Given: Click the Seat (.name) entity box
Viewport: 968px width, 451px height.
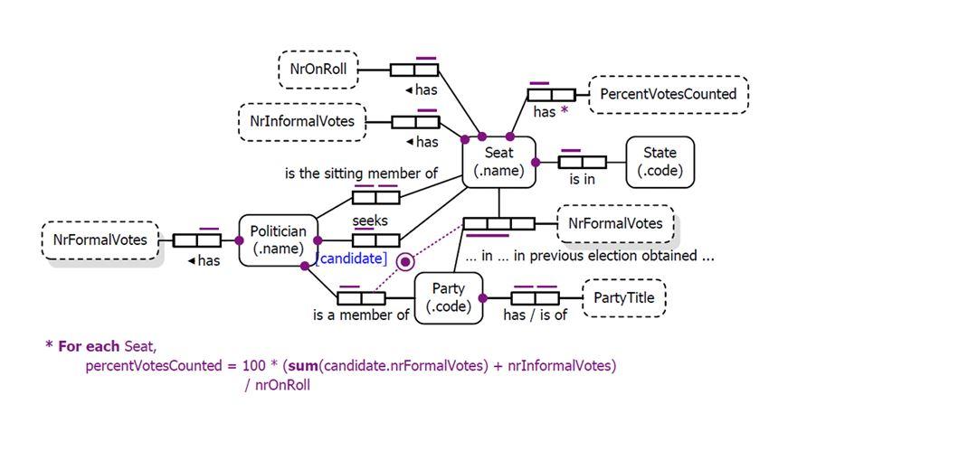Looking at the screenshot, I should tap(498, 162).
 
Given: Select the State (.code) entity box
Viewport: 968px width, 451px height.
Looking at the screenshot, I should tap(660, 162).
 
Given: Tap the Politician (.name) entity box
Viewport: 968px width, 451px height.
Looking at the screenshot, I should tap(278, 240).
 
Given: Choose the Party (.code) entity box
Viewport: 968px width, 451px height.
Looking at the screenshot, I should tap(448, 297).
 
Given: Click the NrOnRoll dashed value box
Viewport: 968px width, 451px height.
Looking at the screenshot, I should tap(318, 70).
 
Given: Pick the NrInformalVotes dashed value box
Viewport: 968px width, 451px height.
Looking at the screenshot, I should tap(302, 122).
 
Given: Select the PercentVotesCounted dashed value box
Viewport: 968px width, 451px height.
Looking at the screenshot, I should tap(668, 94).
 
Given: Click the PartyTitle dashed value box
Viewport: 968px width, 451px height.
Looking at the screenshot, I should tap(624, 297).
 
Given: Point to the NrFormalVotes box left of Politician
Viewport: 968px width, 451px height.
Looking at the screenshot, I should tap(100, 240).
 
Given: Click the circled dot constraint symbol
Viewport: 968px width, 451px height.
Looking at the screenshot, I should tap(406, 261).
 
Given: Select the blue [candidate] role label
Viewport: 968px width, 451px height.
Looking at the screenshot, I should tap(351, 260).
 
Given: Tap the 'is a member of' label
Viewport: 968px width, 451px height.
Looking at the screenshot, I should tap(361, 315).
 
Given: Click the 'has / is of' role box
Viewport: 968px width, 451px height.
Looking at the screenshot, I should tap(535, 297).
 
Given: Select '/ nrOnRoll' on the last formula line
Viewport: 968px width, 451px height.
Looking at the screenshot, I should tap(278, 385).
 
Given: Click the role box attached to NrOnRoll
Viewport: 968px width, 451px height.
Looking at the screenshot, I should tap(413, 70).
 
